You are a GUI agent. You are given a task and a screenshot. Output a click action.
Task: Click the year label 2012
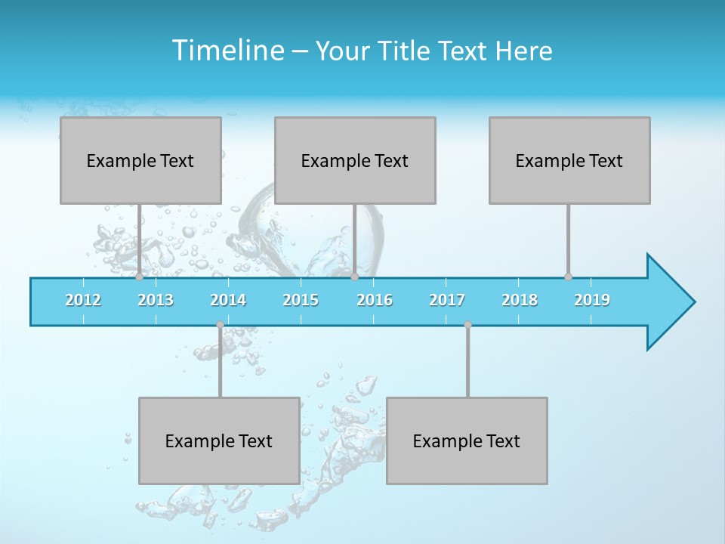(x=83, y=300)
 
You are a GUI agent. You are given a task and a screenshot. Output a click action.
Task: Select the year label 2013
(x=156, y=300)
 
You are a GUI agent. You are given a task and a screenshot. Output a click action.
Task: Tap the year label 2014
(x=228, y=300)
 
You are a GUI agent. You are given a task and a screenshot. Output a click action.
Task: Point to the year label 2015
(x=301, y=300)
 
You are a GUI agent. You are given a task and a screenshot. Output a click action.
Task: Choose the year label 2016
(x=375, y=300)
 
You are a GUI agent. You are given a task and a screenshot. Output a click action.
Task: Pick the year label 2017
(x=447, y=300)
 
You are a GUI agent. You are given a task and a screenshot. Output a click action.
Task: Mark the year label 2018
(x=520, y=300)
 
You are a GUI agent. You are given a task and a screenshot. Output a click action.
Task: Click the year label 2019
(x=592, y=300)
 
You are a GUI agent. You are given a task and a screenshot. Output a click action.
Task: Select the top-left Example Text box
(x=140, y=160)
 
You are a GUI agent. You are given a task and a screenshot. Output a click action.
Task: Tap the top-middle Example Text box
(x=355, y=160)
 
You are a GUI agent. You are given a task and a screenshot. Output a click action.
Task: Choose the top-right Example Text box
(x=569, y=160)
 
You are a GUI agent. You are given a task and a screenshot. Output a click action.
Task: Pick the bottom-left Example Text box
(x=219, y=440)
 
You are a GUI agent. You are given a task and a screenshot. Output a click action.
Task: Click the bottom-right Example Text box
(x=467, y=440)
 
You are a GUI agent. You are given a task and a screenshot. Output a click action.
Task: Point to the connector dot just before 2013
(x=139, y=277)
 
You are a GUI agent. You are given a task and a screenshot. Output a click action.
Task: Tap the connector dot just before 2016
(x=354, y=277)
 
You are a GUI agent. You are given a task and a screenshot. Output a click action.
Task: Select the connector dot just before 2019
(x=568, y=277)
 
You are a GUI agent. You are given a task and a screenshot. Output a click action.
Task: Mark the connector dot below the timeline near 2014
(x=220, y=325)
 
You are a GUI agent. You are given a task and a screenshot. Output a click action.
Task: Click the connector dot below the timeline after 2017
(x=467, y=325)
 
